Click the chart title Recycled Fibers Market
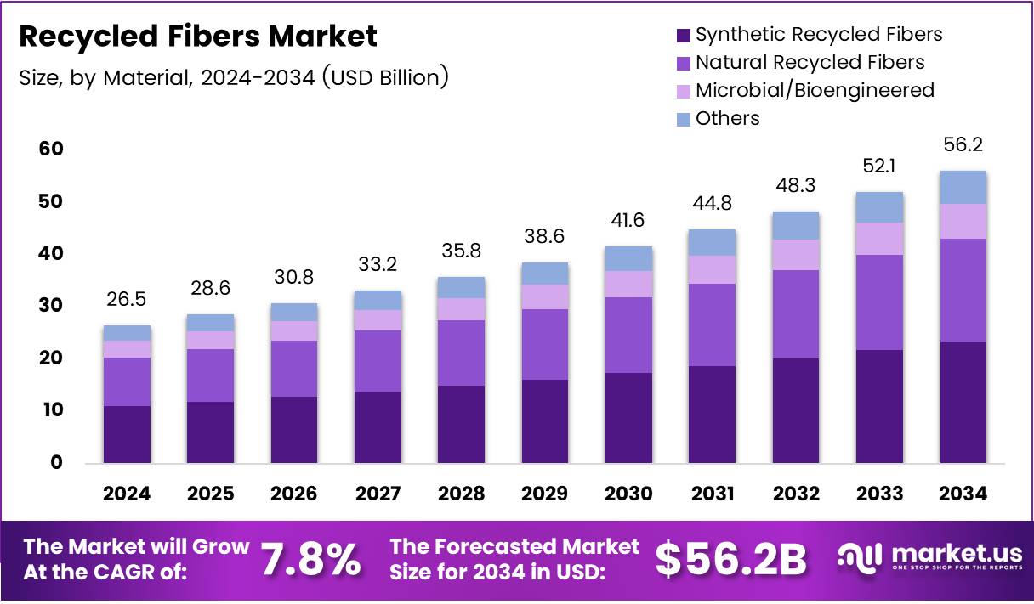197,37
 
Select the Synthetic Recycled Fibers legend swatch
683,35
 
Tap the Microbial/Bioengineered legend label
814,90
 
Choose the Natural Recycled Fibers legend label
810,62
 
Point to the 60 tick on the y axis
51,150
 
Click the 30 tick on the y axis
51,306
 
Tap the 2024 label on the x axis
127,494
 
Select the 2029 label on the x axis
545,494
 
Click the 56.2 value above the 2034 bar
963,145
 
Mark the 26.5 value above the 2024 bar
127,301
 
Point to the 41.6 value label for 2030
628,221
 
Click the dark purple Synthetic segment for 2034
963,402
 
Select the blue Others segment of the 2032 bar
796,225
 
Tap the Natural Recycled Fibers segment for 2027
378,360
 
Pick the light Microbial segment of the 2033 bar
879,238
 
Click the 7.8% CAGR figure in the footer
310,560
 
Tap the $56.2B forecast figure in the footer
730,560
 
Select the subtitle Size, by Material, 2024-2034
233,78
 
